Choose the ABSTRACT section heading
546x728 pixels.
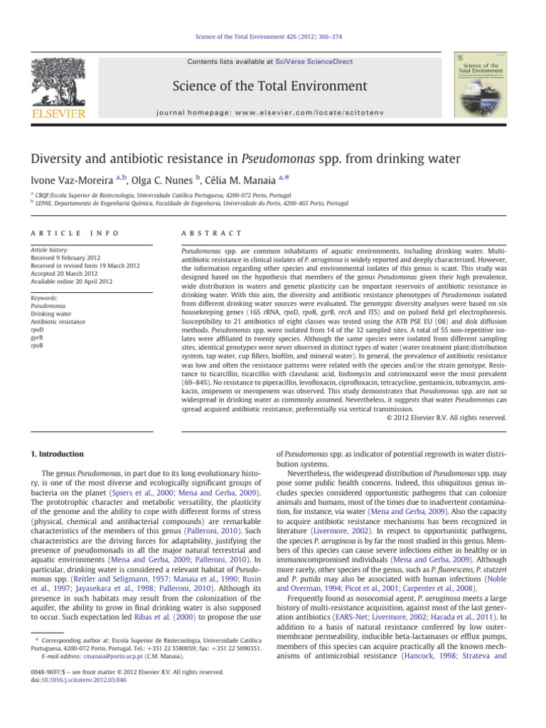pyautogui.click(x=213, y=233)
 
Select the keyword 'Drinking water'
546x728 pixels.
pyautogui.click(x=59, y=314)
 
